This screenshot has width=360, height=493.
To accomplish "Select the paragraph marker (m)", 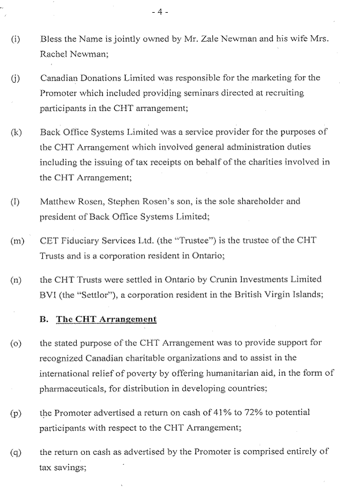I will click(x=16, y=241).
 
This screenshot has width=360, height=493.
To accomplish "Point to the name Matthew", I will click(x=58, y=202).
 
